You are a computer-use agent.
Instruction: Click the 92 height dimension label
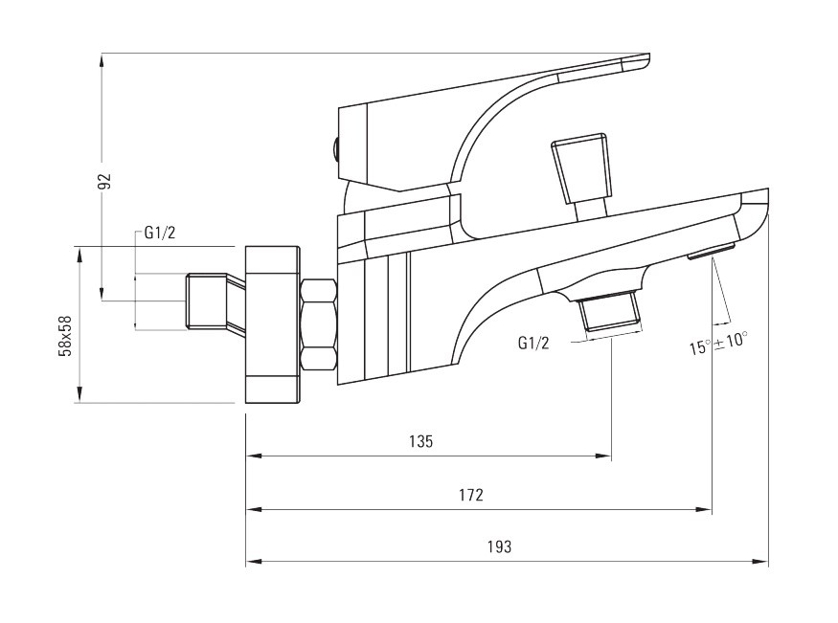point(106,181)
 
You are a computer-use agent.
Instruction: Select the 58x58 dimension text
point(66,335)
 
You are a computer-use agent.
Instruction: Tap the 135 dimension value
point(420,441)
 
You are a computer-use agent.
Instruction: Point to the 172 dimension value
point(471,495)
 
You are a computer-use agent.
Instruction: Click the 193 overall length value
point(499,547)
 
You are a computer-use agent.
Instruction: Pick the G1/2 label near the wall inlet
point(159,233)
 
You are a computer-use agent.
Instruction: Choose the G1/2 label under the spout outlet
point(533,343)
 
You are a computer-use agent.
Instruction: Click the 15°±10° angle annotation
point(717,343)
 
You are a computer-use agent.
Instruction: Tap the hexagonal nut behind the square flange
point(319,325)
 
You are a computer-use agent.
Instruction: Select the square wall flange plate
point(272,324)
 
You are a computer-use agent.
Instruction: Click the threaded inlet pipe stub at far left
point(207,301)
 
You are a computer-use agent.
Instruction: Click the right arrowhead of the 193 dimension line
point(761,562)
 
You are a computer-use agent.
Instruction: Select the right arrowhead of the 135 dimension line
point(604,456)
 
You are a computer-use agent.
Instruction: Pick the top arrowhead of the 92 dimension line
point(102,61)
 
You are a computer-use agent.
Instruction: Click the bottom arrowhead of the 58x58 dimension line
point(79,395)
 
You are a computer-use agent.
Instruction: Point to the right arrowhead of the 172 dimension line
point(704,509)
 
